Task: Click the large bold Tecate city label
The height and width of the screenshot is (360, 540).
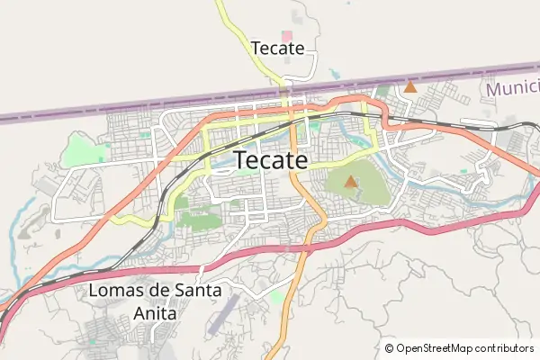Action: [271, 160]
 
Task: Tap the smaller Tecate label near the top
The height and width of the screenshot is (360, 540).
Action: [278, 48]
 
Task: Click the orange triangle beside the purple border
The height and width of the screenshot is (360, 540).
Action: [410, 87]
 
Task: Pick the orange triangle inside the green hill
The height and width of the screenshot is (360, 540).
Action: [351, 182]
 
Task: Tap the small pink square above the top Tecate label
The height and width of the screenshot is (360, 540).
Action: [286, 35]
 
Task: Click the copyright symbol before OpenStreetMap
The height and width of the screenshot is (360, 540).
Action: [390, 348]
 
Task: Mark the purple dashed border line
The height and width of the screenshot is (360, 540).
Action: [135, 108]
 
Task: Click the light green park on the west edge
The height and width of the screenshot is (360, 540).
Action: [85, 148]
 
